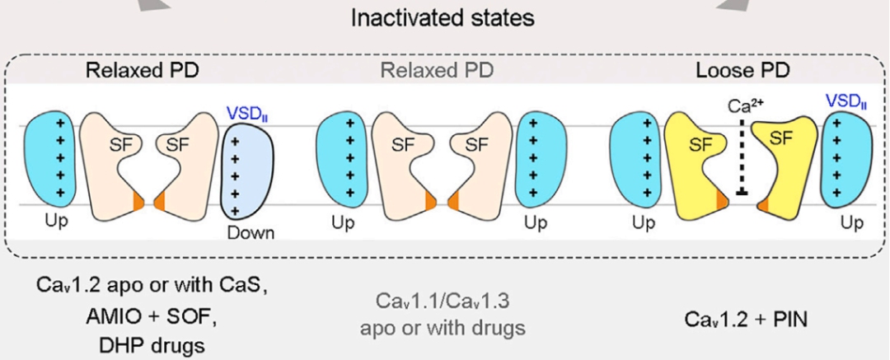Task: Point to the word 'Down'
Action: [251, 233]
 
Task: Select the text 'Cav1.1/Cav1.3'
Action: [442, 300]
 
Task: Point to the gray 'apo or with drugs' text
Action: [442, 327]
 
